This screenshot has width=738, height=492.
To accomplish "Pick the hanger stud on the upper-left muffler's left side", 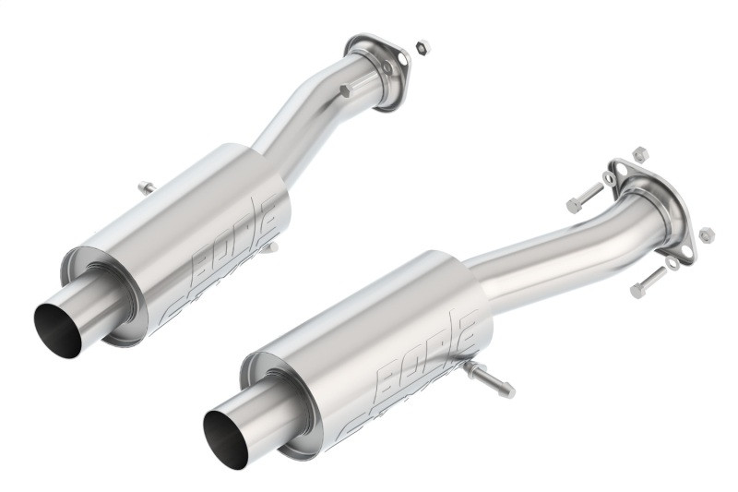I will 146,188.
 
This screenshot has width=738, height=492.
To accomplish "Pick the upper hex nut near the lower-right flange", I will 640,153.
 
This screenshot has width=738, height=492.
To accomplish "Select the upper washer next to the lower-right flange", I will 609,177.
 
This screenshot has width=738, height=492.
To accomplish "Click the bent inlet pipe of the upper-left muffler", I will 304,120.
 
